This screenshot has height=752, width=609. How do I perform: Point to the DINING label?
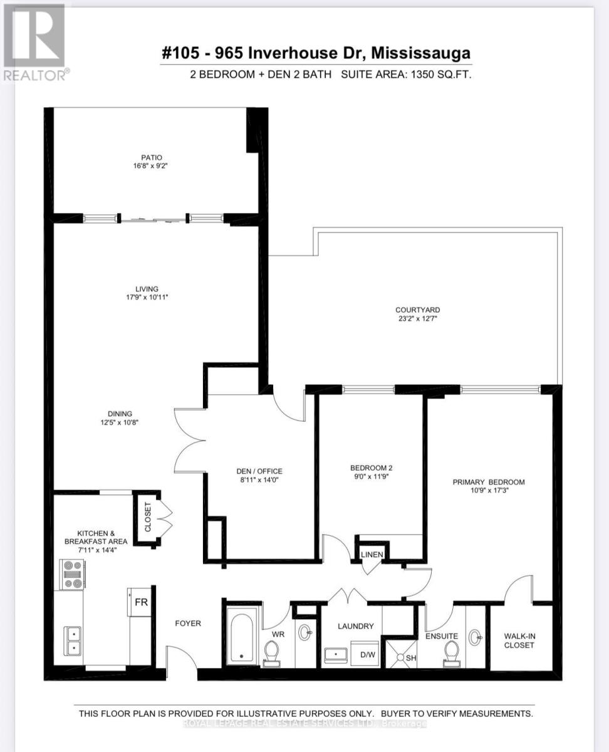coord(120,414)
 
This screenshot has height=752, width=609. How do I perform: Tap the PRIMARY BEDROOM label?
coord(489,482)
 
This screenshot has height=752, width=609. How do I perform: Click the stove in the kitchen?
coord(72,575)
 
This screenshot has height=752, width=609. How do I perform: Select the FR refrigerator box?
coord(140,602)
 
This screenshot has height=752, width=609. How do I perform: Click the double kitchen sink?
coord(73,640)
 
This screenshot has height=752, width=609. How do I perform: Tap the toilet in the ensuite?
coord(450,653)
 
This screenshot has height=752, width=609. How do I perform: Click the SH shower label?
coord(412,658)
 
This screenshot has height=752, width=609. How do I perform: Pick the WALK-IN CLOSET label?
coord(519,640)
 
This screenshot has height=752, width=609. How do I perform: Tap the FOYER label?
coord(188,624)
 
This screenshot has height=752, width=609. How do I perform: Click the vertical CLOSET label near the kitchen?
coord(148,518)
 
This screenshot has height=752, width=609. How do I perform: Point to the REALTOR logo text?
coord(35,74)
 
